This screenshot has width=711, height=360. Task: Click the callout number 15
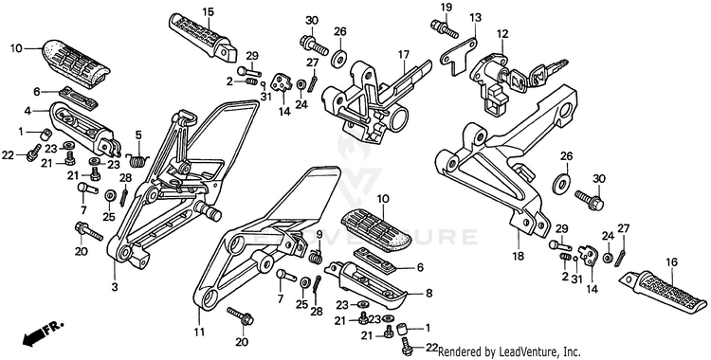[x=209, y=11]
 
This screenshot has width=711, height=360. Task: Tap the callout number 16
[x=671, y=262]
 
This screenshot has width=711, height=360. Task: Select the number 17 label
[x=404, y=55]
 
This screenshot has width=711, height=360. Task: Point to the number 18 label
[x=518, y=256]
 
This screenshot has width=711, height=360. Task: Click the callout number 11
[x=199, y=333]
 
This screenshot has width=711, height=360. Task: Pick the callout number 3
[x=115, y=286]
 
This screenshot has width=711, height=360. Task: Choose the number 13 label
[x=475, y=18]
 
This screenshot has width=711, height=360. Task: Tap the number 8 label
[x=428, y=293]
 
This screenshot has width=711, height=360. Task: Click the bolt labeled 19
[x=444, y=27]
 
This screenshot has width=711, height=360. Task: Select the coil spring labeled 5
[x=137, y=158]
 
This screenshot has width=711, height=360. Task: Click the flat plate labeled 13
[x=458, y=55]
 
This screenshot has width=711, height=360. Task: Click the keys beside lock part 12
[x=538, y=76]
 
